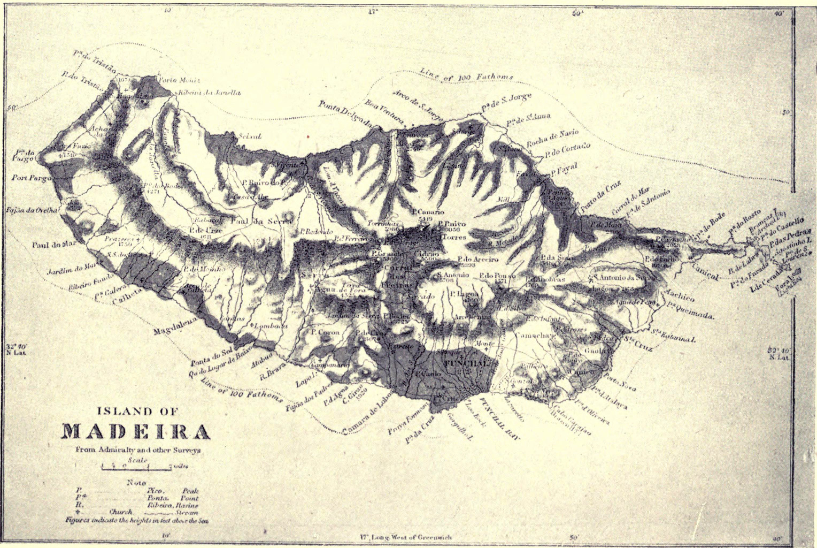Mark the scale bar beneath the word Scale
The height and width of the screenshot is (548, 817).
[137, 467]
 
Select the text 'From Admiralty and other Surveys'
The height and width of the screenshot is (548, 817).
[138, 450]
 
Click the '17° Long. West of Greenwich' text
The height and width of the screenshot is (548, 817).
[406, 537]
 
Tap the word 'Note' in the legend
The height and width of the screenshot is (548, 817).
[137, 482]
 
